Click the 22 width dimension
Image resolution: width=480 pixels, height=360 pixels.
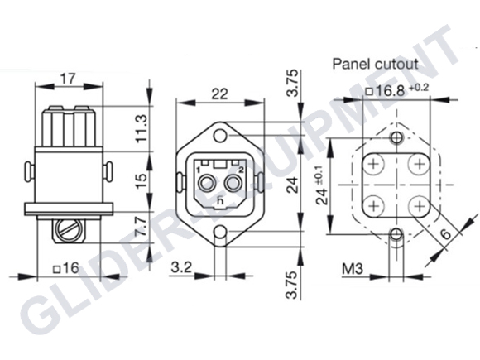coord(218,94)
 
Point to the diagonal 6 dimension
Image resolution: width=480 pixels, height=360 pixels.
coord(446,235)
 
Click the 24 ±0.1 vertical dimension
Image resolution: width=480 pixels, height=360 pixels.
coord(321,185)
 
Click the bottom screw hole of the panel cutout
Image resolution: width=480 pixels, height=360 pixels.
coord(395,234)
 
